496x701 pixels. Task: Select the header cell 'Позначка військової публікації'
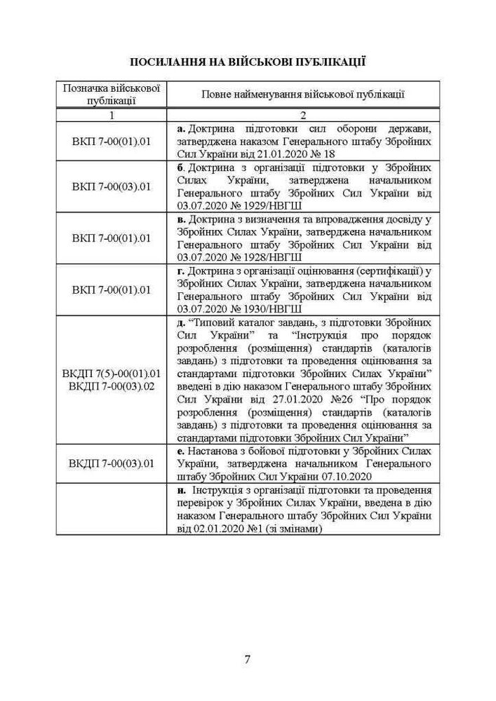112,94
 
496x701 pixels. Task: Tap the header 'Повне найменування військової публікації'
303,94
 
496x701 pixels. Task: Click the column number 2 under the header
303,115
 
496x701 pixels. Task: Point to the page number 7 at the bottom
248,659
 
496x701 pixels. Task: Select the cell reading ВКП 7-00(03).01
112,187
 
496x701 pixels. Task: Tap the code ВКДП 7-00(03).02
112,385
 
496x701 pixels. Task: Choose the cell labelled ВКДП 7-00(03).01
112,463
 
